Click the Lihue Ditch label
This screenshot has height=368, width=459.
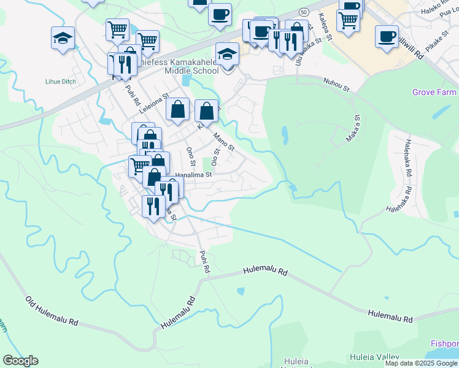[60, 80]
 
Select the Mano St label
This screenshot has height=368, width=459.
[224, 142]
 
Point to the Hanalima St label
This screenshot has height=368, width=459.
[193, 174]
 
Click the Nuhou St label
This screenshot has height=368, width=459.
[336, 85]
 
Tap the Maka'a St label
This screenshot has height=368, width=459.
[352, 129]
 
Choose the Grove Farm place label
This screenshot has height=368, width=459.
[434, 93]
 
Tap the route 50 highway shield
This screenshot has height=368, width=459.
[303, 12]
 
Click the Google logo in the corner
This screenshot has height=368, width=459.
[20, 361]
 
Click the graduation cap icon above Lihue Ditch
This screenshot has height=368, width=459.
[63, 38]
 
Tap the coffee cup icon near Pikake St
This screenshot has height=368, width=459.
[386, 36]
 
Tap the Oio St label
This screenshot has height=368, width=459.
[215, 157]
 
